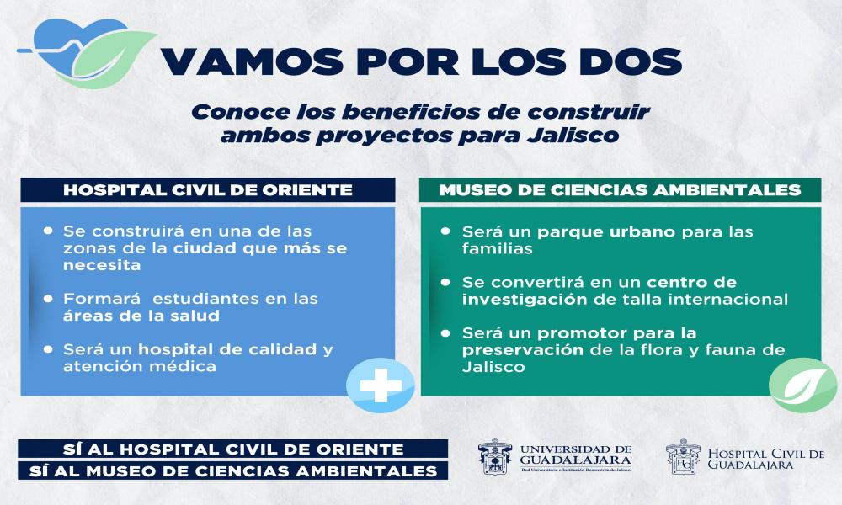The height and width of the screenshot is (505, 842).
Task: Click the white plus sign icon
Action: tap(381, 386)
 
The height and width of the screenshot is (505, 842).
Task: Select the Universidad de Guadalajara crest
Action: tap(495, 457)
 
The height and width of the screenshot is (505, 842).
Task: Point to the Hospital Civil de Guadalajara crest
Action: tap(682, 457)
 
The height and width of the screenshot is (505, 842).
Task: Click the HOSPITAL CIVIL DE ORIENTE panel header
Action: tap(208, 190)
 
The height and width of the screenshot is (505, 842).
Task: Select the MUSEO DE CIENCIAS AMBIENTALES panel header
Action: tap(620, 190)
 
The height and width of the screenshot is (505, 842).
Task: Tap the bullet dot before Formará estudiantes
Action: tap(50, 299)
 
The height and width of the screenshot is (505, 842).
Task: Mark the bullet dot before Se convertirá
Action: tap(448, 282)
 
